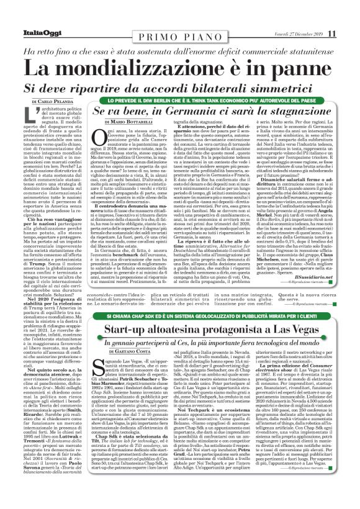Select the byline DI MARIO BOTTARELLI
(x=118, y=125)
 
